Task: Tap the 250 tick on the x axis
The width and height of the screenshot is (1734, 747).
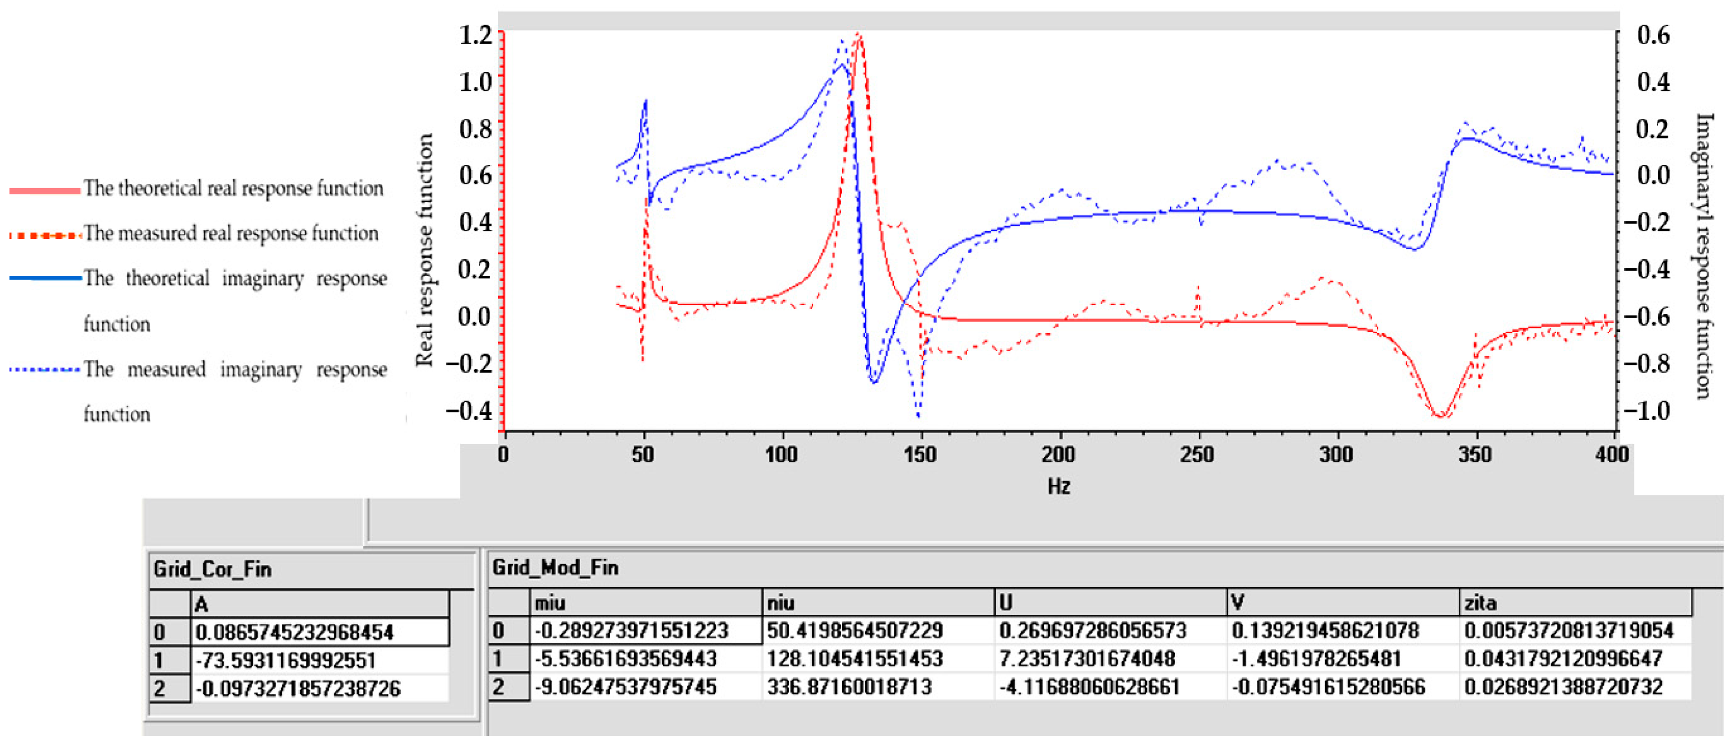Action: coord(1197,455)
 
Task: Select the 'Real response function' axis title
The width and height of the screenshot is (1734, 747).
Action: coord(424,250)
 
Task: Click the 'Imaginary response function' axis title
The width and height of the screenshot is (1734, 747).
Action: coord(1703,256)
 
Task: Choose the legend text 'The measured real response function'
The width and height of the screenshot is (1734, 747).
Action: coord(231,234)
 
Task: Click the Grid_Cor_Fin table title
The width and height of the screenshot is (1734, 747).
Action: coord(212,570)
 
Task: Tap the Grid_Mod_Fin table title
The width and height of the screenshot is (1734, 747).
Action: coord(555,568)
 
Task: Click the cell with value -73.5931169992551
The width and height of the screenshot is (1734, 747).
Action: coord(286,661)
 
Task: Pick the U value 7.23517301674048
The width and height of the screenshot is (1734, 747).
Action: coord(1087,659)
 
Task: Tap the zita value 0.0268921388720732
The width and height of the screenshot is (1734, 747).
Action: coord(1563,687)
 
